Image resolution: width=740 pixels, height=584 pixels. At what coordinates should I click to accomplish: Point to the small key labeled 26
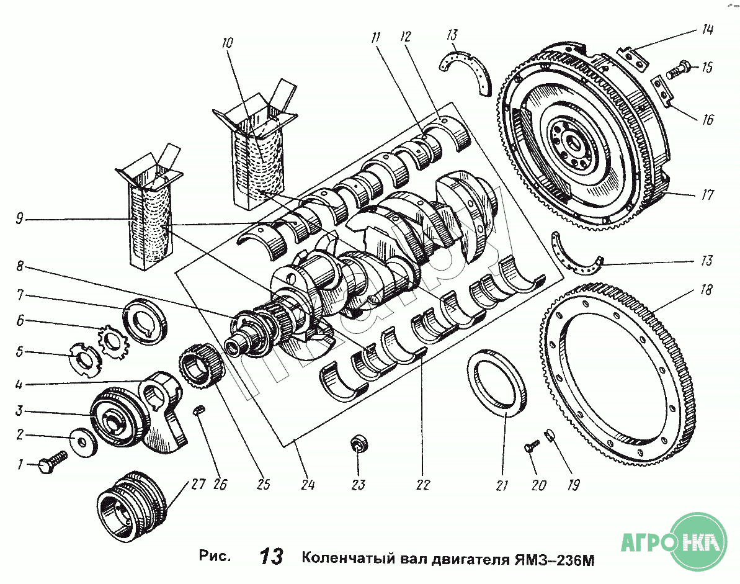click(199, 410)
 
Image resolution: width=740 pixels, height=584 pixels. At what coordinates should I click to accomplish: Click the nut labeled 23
click(359, 444)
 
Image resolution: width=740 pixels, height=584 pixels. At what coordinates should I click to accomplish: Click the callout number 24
click(308, 484)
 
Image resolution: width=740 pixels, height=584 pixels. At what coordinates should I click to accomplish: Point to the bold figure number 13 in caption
click(272, 557)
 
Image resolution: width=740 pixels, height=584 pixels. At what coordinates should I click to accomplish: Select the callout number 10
click(226, 43)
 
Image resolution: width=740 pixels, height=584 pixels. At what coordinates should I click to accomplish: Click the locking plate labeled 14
click(631, 58)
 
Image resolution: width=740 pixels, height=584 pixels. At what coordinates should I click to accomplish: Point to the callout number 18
click(707, 290)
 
